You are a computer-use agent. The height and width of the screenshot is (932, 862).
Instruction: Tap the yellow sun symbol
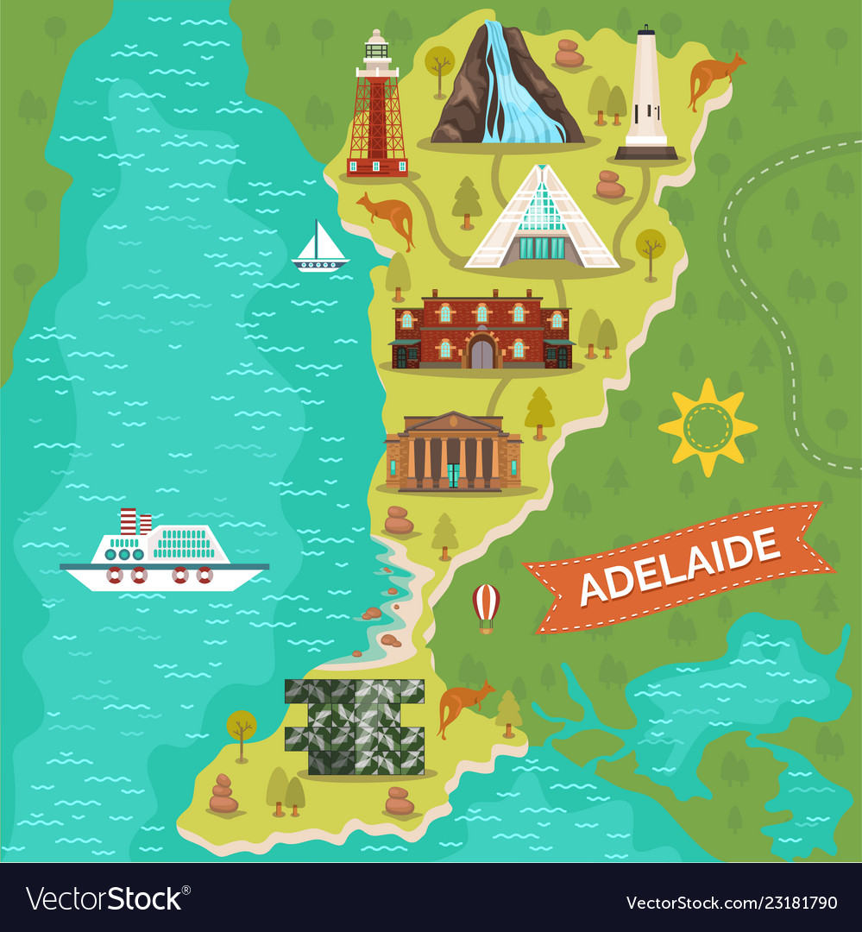tap(708, 427)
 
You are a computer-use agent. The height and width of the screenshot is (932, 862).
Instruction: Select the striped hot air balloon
tap(486, 607)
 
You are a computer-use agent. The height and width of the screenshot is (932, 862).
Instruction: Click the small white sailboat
tap(320, 247)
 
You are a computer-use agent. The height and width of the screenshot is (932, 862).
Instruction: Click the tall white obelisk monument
tap(646, 95)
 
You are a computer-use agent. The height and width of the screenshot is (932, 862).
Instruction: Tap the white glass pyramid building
tap(543, 220)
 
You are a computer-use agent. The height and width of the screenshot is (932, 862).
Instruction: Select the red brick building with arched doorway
tap(481, 331)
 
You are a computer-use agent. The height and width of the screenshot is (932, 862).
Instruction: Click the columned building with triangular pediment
tap(454, 452)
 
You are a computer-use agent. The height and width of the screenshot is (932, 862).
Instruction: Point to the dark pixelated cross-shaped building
tap(355, 725)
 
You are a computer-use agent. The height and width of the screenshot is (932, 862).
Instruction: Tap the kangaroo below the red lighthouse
tap(389, 216)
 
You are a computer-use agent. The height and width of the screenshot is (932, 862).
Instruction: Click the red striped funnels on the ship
tap(135, 521)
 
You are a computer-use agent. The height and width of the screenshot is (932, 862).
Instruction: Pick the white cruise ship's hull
tap(164, 576)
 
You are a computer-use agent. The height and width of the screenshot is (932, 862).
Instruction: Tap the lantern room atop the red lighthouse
tap(376, 45)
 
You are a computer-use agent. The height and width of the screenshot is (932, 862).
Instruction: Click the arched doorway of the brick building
tap(481, 352)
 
